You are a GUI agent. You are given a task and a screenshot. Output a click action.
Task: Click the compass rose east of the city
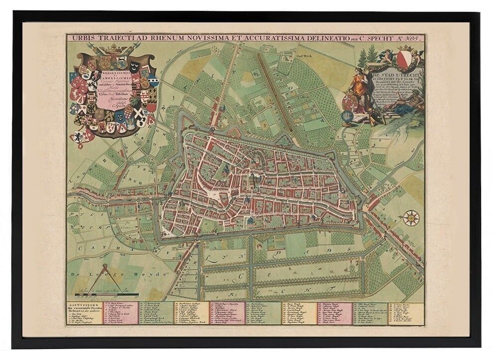[x=411, y=218]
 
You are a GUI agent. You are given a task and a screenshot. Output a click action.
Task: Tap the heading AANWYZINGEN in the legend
[x=81, y=303]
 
